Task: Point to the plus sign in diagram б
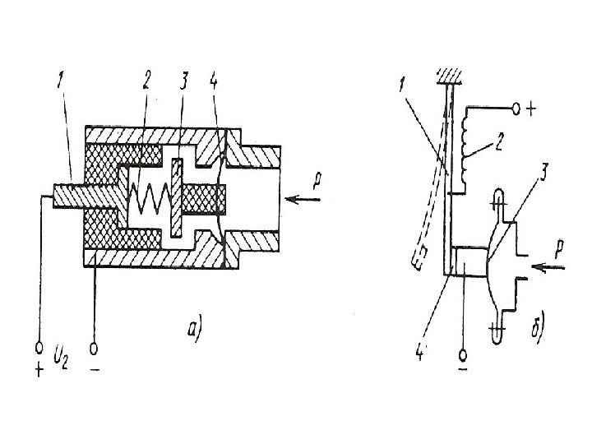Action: (x=534, y=108)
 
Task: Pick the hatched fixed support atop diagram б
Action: (x=447, y=76)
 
